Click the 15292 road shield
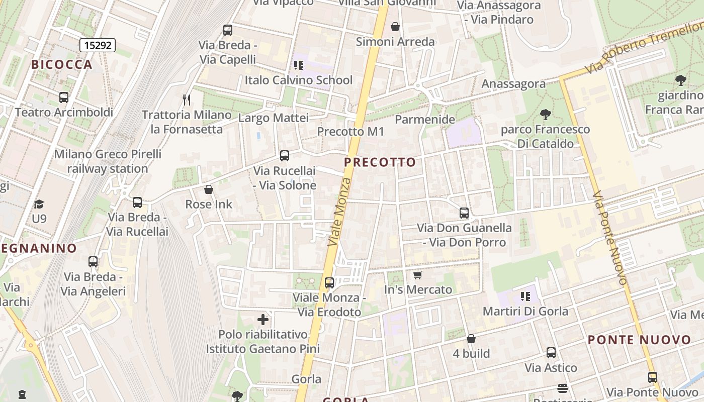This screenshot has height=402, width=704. (98, 45)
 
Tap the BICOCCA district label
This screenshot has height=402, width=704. (62, 64)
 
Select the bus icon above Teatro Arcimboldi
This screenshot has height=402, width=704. (64, 97)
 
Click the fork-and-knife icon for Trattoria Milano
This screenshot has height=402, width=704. (187, 99)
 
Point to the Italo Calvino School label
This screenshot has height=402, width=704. (299, 80)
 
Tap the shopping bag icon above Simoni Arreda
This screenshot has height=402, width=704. (395, 27)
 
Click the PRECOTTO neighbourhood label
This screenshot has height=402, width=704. (380, 162)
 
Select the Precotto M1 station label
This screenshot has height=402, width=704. (350, 132)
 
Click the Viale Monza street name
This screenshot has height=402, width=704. (339, 211)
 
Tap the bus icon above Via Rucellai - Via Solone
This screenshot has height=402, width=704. (285, 156)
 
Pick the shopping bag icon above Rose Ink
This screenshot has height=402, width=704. (209, 189)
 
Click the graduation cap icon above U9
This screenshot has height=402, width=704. (39, 204)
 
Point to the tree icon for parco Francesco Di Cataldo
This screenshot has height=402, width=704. (545, 115)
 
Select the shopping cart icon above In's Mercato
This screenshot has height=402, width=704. (417, 275)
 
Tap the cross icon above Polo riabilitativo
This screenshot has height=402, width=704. (263, 320)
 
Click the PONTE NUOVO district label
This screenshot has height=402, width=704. (640, 340)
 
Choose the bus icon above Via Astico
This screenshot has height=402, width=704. (551, 353)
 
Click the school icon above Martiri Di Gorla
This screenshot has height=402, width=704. (525, 296)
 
